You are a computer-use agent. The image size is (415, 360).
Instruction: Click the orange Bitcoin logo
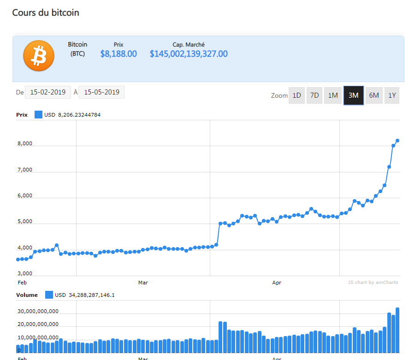39,56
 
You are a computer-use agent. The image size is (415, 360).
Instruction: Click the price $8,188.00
119,54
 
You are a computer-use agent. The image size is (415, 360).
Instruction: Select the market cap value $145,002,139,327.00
189,54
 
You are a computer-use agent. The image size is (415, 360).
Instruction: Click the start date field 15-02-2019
48,92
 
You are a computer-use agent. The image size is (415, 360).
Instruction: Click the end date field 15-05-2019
101,92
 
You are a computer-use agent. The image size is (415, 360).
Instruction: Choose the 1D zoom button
296,95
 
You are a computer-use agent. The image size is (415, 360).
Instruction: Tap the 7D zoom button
314,95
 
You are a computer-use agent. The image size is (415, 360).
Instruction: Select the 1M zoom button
332,95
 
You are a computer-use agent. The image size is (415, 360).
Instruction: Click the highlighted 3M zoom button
354,95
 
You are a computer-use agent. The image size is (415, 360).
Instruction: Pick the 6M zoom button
374,95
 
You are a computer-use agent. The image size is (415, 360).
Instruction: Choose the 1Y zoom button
392,95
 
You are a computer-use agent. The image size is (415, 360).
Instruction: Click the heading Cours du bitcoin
46,12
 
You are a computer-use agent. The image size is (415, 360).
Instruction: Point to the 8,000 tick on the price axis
24,144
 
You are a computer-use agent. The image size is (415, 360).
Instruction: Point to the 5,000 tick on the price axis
24,222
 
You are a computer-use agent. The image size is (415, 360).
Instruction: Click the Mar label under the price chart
143,283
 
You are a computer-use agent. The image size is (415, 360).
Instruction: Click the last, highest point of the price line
397,141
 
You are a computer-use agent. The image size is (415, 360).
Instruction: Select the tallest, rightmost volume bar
397,330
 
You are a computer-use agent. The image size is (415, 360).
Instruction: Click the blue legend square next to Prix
38,115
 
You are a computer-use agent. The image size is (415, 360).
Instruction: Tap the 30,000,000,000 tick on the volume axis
38,311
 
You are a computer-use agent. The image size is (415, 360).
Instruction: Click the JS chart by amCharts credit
373,283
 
